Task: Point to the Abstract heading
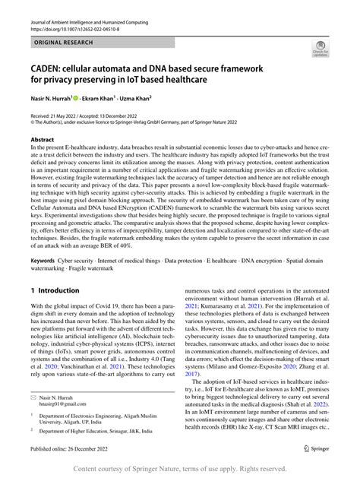pos(43,141)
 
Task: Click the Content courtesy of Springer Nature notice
pos(180,468)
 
